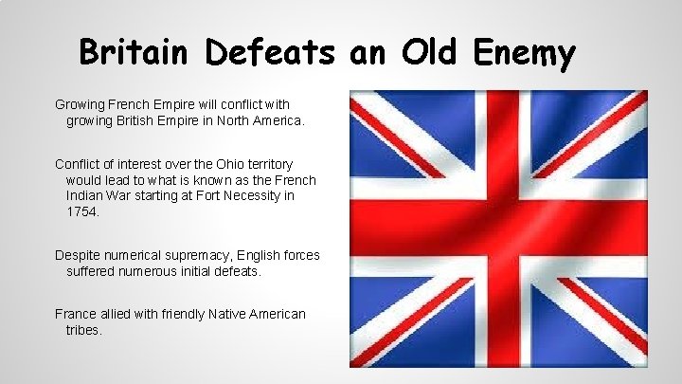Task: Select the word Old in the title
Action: click(425, 53)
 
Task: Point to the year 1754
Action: click(83, 211)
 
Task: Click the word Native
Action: click(211, 314)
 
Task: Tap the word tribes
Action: click(83, 330)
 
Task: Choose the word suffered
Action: click(95, 271)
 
